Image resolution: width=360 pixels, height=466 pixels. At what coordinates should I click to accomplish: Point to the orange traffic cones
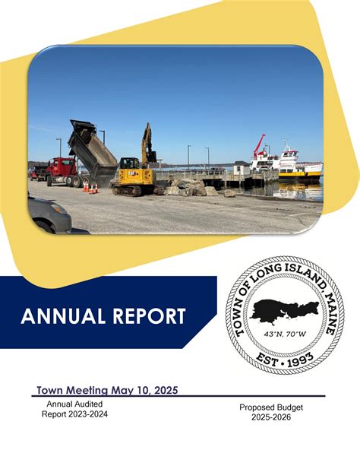[90, 186]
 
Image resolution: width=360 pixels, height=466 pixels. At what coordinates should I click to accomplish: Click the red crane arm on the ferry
[260, 144]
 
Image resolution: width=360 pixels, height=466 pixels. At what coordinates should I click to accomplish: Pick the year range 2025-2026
[271, 417]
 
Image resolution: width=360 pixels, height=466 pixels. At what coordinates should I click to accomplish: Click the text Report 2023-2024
[74, 414]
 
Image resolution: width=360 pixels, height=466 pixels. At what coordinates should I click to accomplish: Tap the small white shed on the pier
[241, 168]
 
